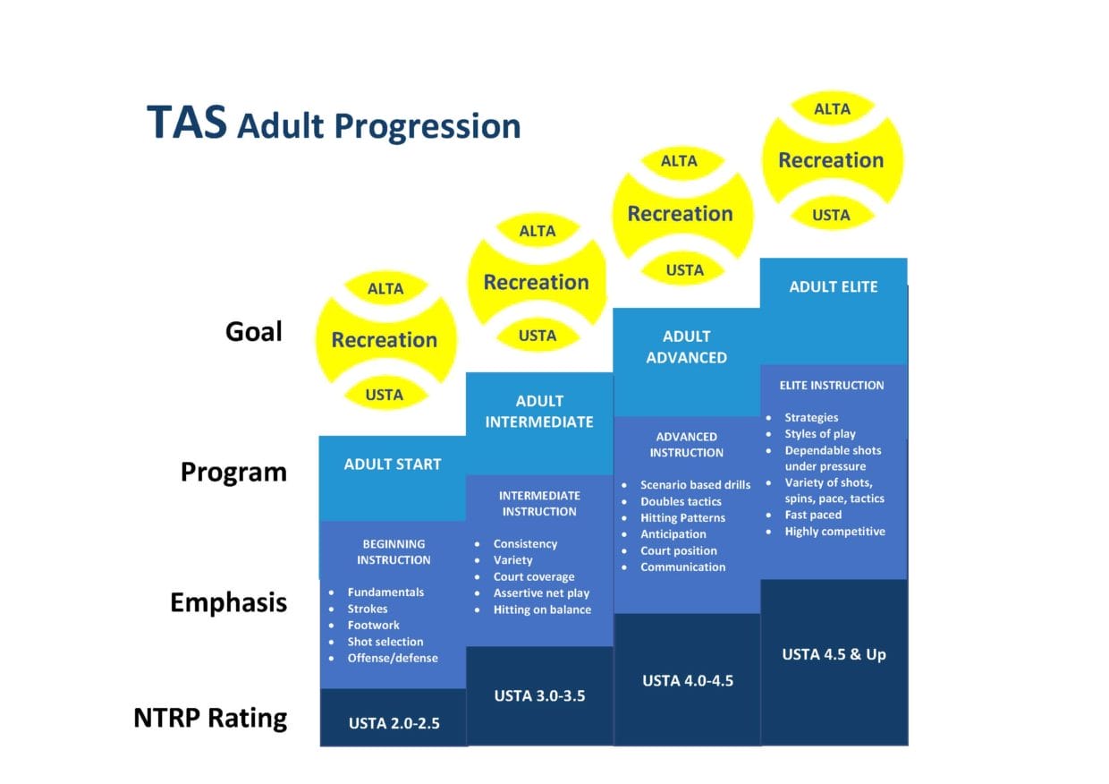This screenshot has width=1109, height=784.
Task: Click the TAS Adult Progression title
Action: (x=333, y=124)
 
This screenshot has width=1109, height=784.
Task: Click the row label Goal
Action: (x=253, y=332)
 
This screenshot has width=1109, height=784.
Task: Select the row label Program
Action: (x=233, y=472)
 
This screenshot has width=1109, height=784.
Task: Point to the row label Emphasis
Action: (x=228, y=602)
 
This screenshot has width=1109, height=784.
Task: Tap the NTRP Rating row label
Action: (x=210, y=718)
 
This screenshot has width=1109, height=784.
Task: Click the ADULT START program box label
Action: (x=393, y=464)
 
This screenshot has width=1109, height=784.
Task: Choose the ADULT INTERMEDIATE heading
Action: (x=539, y=411)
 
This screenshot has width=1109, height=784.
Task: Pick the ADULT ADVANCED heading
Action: (x=686, y=346)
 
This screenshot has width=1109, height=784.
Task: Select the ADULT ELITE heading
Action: (x=834, y=287)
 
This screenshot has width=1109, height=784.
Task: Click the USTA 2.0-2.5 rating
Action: (x=393, y=723)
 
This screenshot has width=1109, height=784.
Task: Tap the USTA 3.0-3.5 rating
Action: (x=539, y=695)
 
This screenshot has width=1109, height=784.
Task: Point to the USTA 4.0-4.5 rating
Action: (x=687, y=680)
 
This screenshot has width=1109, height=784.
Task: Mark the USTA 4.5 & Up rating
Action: (x=834, y=654)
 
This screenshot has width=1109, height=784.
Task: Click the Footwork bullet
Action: (x=373, y=625)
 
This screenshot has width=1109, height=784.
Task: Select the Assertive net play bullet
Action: (x=541, y=592)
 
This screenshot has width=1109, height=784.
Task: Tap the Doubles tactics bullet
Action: (x=681, y=501)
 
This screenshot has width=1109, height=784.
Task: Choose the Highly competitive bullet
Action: (x=834, y=531)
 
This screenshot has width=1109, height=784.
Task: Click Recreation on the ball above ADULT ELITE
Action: (x=831, y=160)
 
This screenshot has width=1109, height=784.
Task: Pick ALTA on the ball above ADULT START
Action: (x=385, y=288)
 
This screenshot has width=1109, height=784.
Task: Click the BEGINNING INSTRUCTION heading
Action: (x=394, y=551)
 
